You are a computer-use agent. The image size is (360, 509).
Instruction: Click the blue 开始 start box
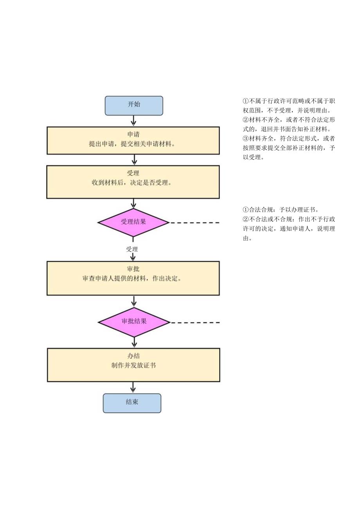click(x=134, y=105)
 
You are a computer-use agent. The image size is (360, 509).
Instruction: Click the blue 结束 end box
click(x=132, y=403)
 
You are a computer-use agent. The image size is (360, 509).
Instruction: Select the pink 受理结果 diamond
click(x=133, y=222)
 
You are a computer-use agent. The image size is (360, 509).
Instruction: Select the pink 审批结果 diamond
click(x=134, y=322)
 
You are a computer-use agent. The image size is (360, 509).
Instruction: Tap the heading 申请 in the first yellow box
click(x=133, y=134)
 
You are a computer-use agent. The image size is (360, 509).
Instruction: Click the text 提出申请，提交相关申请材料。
click(x=133, y=144)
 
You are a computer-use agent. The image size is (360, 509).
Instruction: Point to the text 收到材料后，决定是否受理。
click(x=133, y=183)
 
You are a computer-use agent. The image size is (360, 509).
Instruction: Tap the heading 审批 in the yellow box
click(x=133, y=269)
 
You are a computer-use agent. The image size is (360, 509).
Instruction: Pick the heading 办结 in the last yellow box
click(x=133, y=356)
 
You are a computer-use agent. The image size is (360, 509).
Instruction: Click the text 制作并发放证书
click(x=133, y=365)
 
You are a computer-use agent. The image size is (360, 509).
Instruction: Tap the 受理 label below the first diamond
click(x=132, y=249)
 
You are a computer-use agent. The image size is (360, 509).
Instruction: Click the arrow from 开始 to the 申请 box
click(x=134, y=121)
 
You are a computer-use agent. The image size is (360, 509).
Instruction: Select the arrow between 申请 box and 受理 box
click(x=134, y=160)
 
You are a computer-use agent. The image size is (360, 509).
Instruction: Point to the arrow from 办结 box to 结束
click(x=133, y=387)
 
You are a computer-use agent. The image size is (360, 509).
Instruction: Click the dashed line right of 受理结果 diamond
click(x=194, y=223)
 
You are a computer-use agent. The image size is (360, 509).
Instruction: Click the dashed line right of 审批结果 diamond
click(x=195, y=323)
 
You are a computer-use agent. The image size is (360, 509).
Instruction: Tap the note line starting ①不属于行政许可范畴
click(x=289, y=101)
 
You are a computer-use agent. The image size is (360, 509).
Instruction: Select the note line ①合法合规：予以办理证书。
click(x=281, y=210)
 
